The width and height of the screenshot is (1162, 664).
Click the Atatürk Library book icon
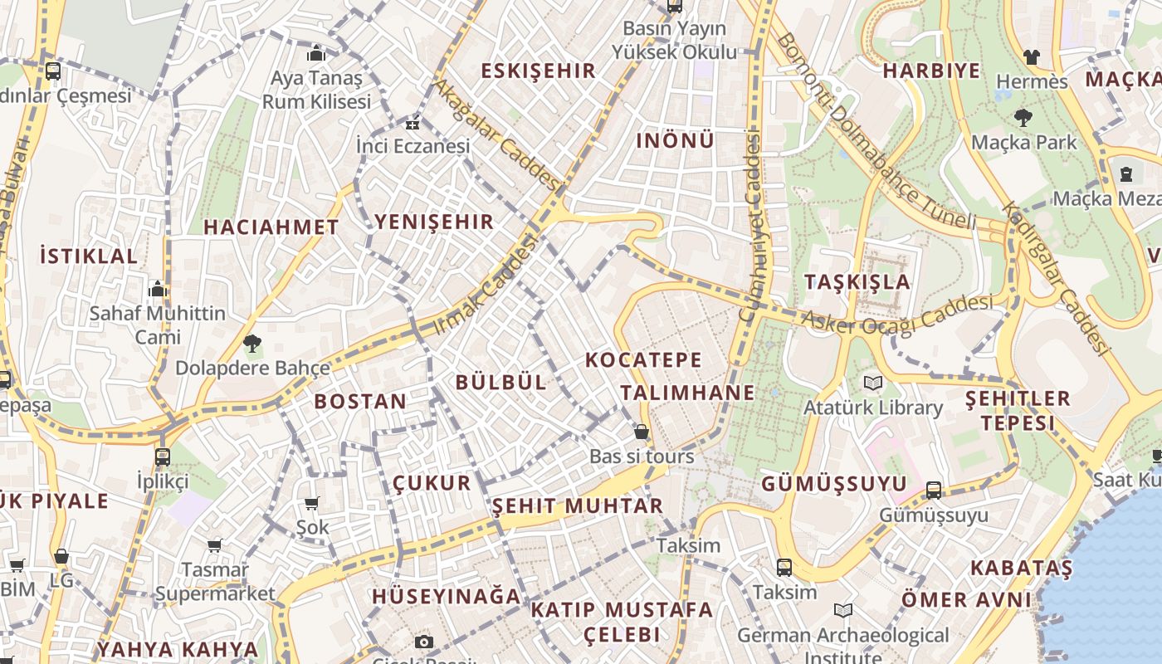[x=872, y=383]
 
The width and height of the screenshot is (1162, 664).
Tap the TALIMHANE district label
[x=688, y=393]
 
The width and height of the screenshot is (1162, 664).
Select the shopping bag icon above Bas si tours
[x=642, y=432]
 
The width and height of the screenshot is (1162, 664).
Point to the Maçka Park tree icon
[x=1023, y=118]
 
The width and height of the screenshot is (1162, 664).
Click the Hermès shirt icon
[x=1031, y=57]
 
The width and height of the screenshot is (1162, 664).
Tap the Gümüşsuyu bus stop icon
[x=934, y=491]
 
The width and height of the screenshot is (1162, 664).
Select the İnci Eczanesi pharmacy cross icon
[x=412, y=124]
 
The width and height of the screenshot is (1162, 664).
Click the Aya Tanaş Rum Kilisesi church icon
[x=316, y=54]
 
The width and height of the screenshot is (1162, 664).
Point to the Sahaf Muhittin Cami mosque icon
[x=158, y=290]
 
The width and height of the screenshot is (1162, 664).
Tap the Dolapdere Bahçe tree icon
[x=252, y=343]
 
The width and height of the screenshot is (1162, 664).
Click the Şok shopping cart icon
[x=312, y=503]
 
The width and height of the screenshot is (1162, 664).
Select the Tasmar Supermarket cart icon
[x=215, y=545]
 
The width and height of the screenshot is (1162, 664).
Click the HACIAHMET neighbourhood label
[x=271, y=227]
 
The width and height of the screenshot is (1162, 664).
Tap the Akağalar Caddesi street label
[x=497, y=132]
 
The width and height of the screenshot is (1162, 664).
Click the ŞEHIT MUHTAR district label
[x=578, y=505]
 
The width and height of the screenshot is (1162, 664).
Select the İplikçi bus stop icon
[x=163, y=456]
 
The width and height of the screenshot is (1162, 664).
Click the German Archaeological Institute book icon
[x=843, y=611]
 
